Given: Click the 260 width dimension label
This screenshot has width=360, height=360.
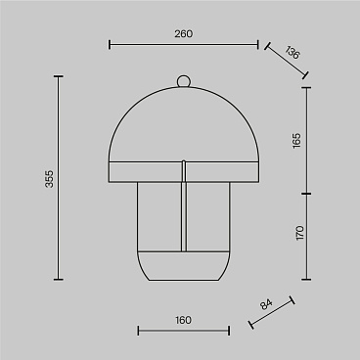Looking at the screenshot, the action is pyautogui.click(x=183, y=34).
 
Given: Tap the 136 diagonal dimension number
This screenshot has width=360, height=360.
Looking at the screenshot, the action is pyautogui.click(x=292, y=53).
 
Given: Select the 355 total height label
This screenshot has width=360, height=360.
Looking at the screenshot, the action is pyautogui.click(x=49, y=179).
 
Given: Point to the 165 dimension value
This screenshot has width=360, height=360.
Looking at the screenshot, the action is pyautogui.click(x=296, y=141).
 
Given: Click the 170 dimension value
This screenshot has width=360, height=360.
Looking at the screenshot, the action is pyautogui.click(x=299, y=233).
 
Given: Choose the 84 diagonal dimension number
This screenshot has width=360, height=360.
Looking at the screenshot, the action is pyautogui.click(x=266, y=304).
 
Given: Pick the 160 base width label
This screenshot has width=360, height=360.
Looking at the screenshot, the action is pyautogui.click(x=183, y=320).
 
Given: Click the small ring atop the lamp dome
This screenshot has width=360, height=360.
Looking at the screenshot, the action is pyautogui.click(x=183, y=81).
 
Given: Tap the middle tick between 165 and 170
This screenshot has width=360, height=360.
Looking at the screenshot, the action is pyautogui.click(x=306, y=194).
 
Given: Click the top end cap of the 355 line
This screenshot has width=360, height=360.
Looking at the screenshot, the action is pyautogui.click(x=59, y=76).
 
